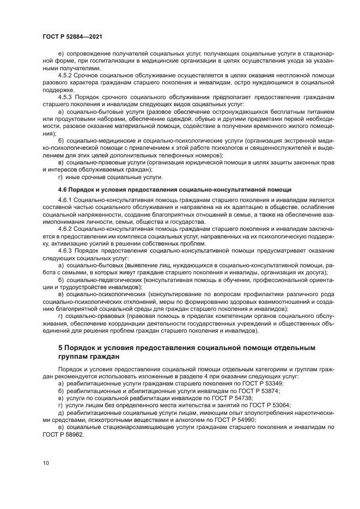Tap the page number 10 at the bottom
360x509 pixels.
coord(45,463)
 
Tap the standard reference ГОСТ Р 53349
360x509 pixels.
coord(260,384)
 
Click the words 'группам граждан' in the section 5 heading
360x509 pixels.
coord(89,357)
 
